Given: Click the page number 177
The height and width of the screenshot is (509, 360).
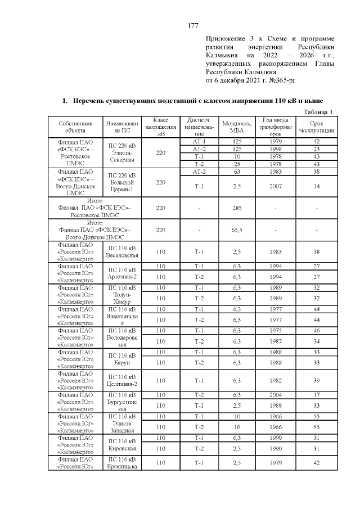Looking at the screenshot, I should [x=192, y=25].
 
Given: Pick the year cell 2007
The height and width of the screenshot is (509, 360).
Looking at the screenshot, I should [x=276, y=186].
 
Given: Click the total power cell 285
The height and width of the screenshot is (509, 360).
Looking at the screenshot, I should [x=237, y=208].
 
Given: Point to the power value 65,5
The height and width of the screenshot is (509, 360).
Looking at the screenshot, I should [x=237, y=231].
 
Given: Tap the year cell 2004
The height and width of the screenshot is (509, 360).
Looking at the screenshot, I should [x=276, y=394].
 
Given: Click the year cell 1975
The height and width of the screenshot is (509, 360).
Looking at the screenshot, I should [x=276, y=330].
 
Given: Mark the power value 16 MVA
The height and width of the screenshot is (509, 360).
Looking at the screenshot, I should [x=237, y=427].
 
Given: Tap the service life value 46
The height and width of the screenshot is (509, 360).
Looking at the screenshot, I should [x=317, y=330].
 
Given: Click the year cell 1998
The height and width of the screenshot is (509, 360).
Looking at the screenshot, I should [x=276, y=148].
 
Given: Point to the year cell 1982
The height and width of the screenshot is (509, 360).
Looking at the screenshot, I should [x=276, y=380].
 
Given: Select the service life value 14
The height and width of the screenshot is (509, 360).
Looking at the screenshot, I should [x=317, y=186].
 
